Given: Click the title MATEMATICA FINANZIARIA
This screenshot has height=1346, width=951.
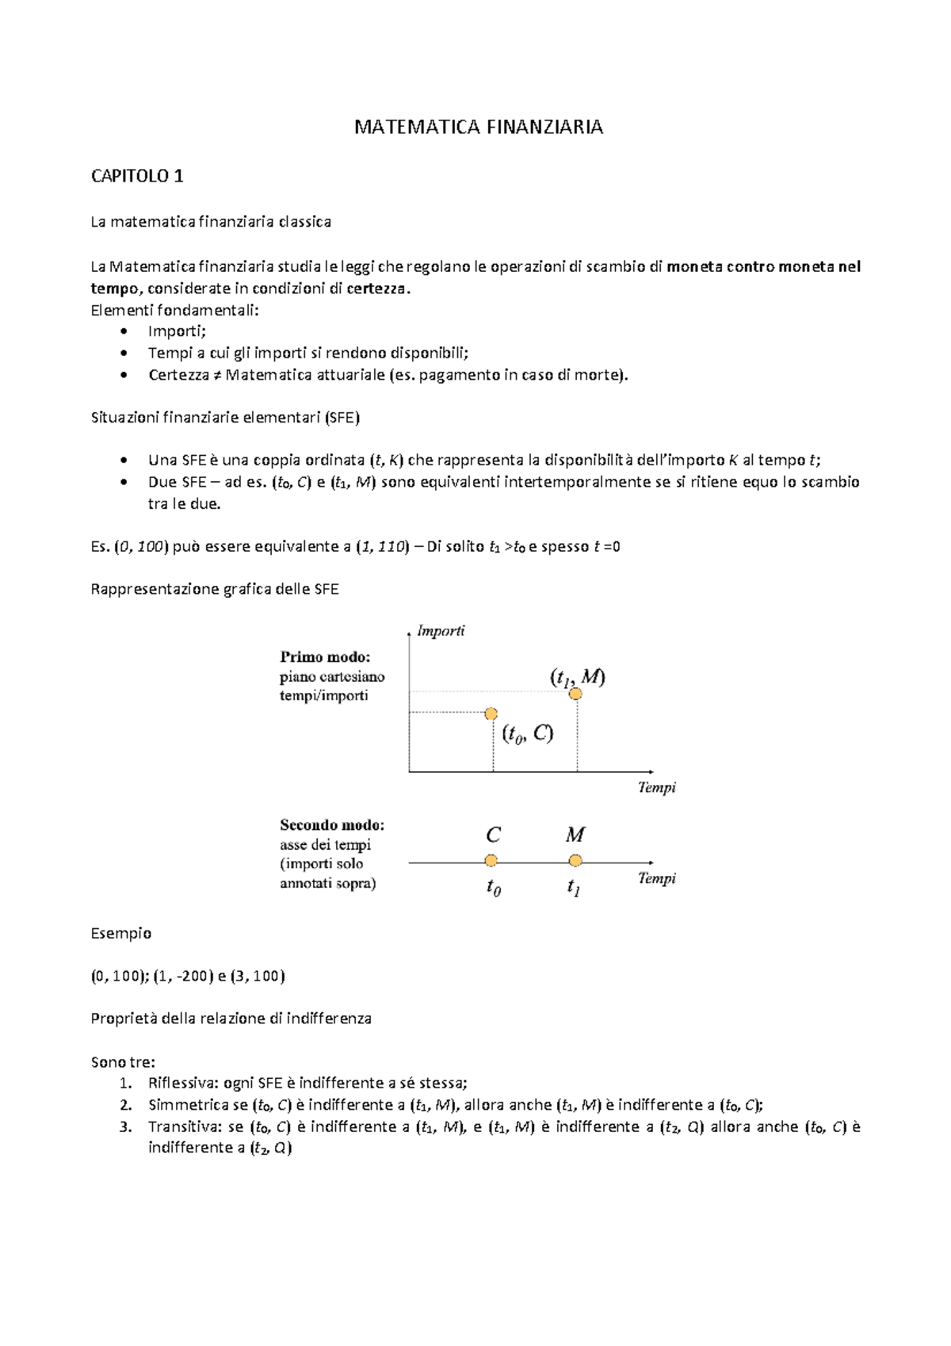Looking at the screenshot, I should click(x=478, y=127).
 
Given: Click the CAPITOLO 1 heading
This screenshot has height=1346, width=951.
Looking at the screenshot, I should click(x=137, y=176).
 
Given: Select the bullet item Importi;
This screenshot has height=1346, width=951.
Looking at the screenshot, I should click(x=177, y=331).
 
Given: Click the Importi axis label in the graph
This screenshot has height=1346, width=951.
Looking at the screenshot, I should click(x=441, y=631).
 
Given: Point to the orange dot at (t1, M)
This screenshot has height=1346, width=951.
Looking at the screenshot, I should click(x=575, y=694).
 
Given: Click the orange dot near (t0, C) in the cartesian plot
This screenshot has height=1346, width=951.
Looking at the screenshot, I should click(x=491, y=714).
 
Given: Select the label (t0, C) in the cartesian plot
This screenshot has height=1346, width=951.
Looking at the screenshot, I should click(x=527, y=734).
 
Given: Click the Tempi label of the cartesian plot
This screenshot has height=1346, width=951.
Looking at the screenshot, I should click(x=657, y=787).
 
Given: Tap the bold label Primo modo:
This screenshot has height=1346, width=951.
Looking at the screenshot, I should click(x=325, y=657).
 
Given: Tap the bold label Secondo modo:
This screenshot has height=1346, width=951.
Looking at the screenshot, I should click(x=332, y=825).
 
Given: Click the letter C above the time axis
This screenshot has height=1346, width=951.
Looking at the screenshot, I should click(x=493, y=836).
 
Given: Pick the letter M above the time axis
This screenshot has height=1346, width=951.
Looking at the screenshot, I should click(x=575, y=836).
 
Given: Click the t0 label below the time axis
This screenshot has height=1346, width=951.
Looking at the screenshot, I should click(x=493, y=888).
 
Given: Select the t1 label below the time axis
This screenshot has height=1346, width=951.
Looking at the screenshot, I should click(x=574, y=888).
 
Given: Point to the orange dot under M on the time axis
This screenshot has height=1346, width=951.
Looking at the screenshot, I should click(x=575, y=861).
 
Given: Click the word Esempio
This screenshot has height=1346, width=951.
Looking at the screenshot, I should click(x=120, y=933).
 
